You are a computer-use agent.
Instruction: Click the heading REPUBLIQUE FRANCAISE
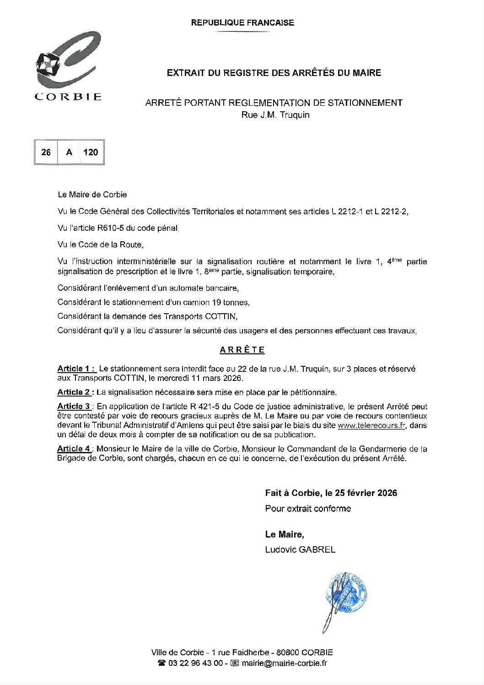tap(242, 22)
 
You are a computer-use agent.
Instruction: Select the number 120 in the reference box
tap(91, 152)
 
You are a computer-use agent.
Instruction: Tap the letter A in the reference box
tap(69, 152)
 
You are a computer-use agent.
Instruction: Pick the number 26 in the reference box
tap(46, 152)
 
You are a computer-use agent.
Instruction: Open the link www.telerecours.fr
tap(371, 425)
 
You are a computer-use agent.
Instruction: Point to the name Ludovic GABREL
tap(300, 549)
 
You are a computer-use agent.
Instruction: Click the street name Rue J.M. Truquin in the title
tap(275, 115)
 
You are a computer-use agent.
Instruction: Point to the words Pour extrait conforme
tap(308, 508)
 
